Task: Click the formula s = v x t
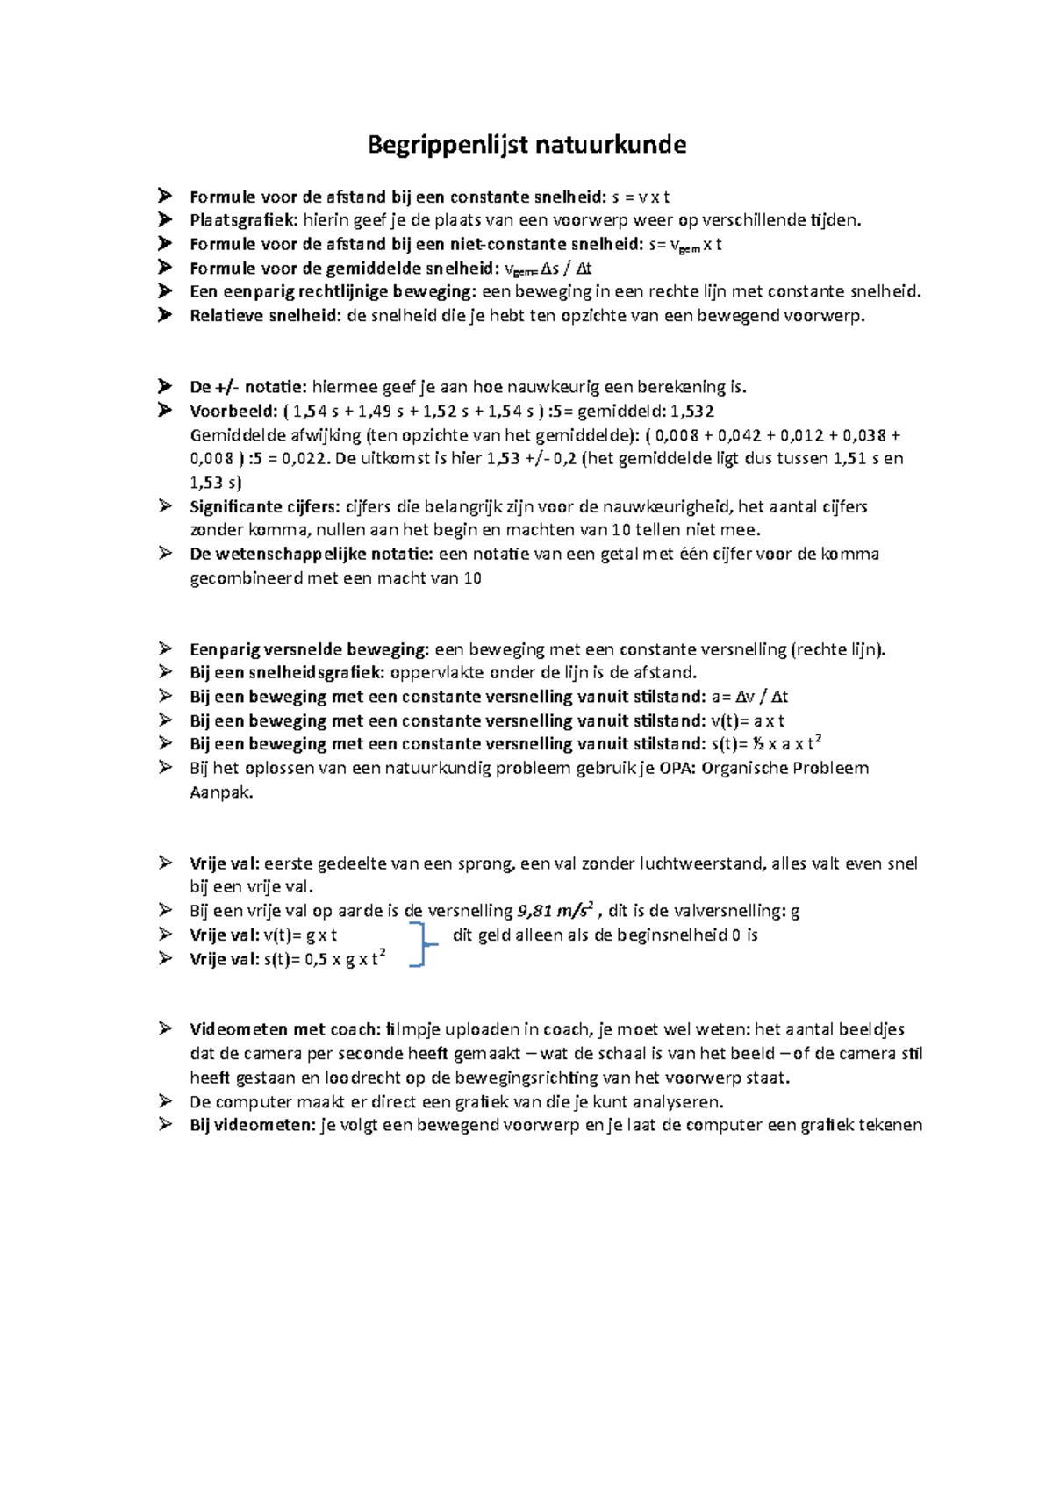641,197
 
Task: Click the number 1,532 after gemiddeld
691,411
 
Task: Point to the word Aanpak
221,792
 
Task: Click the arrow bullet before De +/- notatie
164,386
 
